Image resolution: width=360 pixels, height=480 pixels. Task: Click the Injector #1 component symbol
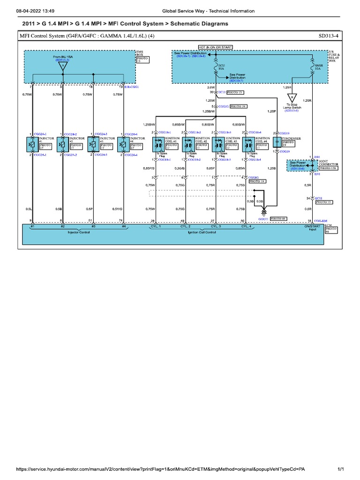coord(32,145)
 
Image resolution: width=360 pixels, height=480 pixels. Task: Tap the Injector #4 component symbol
coord(123,145)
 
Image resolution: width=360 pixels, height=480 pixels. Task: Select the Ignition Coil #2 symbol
coord(187,145)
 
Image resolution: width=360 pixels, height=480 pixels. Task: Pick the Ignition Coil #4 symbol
coord(248,145)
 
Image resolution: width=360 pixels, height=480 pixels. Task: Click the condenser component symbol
coord(277,143)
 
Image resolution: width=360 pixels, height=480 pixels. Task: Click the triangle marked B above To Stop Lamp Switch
coord(292,98)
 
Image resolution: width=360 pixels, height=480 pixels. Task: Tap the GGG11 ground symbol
coord(263,212)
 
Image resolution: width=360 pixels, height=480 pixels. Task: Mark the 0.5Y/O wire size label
coord(118,209)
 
